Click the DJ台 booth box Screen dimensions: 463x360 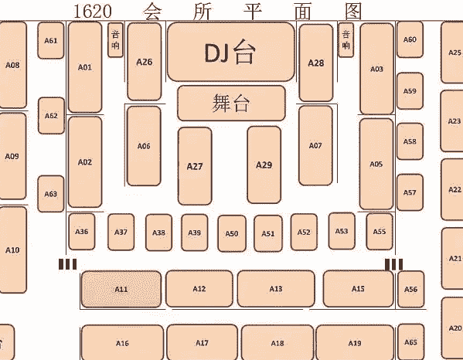click(x=231, y=52)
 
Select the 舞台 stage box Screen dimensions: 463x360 click(x=231, y=103)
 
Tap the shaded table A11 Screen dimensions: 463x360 click(x=121, y=289)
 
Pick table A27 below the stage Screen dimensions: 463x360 click(x=195, y=166)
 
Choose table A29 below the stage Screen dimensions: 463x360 click(x=264, y=165)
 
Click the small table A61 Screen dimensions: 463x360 click(x=51, y=40)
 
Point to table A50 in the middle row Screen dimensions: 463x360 click(x=232, y=233)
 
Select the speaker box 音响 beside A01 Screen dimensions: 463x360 click(x=115, y=40)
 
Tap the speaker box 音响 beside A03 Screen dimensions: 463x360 click(x=346, y=40)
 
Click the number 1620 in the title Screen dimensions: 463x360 click(x=93, y=12)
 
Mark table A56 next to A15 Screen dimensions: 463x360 click(x=410, y=289)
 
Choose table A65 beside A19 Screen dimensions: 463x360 click(x=410, y=342)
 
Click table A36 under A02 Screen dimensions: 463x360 click(x=82, y=232)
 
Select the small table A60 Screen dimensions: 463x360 click(x=410, y=39)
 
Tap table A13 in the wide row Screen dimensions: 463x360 click(x=276, y=289)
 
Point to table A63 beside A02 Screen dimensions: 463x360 click(x=51, y=194)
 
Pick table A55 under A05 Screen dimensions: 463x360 click(x=380, y=231)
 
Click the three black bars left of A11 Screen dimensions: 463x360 click(x=67, y=264)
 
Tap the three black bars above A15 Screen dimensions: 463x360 click(x=393, y=264)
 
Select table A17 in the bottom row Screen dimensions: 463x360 click(x=203, y=342)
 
